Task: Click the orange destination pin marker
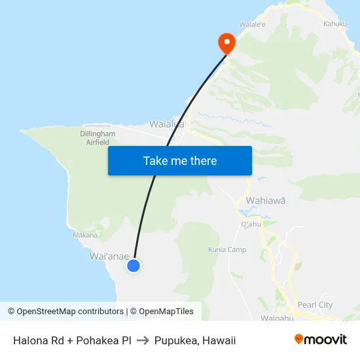tap(226, 43)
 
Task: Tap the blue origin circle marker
tap(134, 265)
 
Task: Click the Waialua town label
tap(166, 124)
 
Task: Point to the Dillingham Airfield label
tap(98, 137)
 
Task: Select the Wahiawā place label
tap(265, 201)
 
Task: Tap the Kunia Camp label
tap(227, 249)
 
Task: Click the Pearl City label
tap(315, 304)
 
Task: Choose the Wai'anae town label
tap(109, 257)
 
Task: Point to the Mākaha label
tap(85, 235)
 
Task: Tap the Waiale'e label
tap(252, 24)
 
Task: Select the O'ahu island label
tap(251, 224)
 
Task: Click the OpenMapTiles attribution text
tap(162, 312)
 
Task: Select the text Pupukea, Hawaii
tap(195, 340)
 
